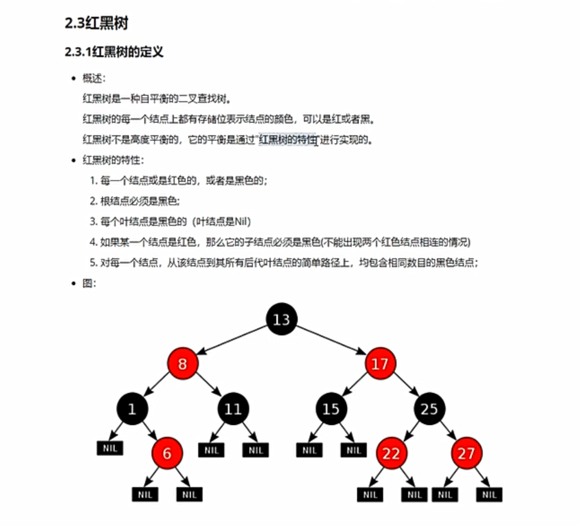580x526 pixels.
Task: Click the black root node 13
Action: click(x=281, y=320)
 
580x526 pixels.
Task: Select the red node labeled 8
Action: click(x=183, y=364)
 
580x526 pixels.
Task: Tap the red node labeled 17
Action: click(x=379, y=364)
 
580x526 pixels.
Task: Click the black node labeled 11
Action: click(x=232, y=409)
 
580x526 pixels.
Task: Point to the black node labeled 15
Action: click(x=330, y=409)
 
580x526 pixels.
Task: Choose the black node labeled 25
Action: click(x=429, y=409)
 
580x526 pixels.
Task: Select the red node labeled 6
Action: click(x=166, y=453)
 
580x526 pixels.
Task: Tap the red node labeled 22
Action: click(x=391, y=453)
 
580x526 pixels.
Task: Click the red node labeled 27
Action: click(x=466, y=453)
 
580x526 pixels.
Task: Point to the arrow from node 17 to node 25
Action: click(x=405, y=387)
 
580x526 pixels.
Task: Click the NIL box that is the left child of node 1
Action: click(x=110, y=448)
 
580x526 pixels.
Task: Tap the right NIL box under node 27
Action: click(x=489, y=494)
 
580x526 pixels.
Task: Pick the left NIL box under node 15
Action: click(x=309, y=450)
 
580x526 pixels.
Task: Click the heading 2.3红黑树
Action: click(x=96, y=24)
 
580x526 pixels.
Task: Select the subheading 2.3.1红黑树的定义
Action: click(x=114, y=53)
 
